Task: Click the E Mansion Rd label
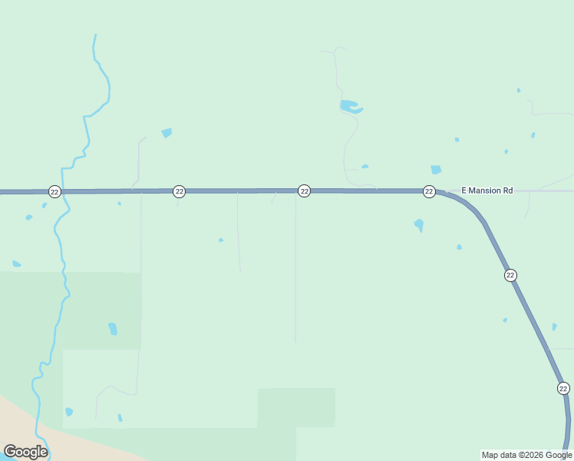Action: tap(487, 190)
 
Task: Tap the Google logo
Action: tap(25, 452)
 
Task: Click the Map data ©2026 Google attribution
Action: tap(527, 455)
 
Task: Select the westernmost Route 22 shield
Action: tap(54, 191)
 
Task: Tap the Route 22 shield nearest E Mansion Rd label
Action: tap(429, 191)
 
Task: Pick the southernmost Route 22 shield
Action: tap(563, 388)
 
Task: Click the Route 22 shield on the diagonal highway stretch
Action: tap(510, 275)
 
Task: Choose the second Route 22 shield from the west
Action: tap(179, 191)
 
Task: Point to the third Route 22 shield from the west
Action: tap(304, 191)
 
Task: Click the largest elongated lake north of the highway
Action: tap(350, 107)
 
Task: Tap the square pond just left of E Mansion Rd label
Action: tap(436, 170)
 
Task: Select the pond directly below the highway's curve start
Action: tap(419, 225)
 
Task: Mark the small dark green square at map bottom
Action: tap(296, 407)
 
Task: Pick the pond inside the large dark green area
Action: tap(113, 329)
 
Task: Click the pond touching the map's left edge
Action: tap(15, 264)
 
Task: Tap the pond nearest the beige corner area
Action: tap(69, 412)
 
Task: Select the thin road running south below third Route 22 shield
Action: tap(295, 269)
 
